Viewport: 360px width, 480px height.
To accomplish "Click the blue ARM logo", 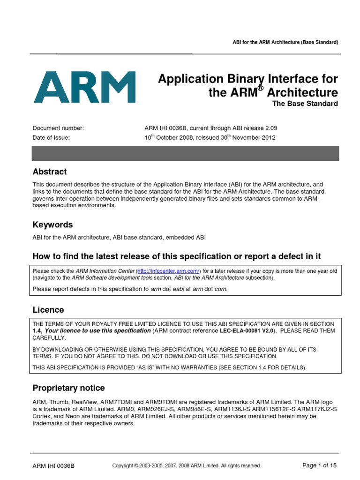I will coord(85,87).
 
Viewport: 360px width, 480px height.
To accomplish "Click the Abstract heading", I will coord(50,172).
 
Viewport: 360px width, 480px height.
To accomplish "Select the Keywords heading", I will coord(52,225).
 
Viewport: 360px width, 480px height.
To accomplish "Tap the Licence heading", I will coord(48,310).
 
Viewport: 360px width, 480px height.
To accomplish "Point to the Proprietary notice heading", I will coord(68,388).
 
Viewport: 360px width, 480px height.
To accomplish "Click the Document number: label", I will coord(58,128).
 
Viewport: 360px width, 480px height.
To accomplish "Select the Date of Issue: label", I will coord(51,138).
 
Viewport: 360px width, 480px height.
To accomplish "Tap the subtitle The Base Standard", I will coord(305,104).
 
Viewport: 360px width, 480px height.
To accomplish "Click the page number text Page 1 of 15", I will coord(320,465).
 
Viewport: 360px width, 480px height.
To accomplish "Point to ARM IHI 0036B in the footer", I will coord(53,466).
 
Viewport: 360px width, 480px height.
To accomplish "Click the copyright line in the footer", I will coord(187,466).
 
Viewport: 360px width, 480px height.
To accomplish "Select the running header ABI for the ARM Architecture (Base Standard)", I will coord(285,43).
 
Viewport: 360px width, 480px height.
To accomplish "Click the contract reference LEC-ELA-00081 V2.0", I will coord(247,330).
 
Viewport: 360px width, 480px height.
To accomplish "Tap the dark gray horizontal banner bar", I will coord(185,153).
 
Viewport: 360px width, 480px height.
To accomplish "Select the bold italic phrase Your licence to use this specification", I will coord(97,330).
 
